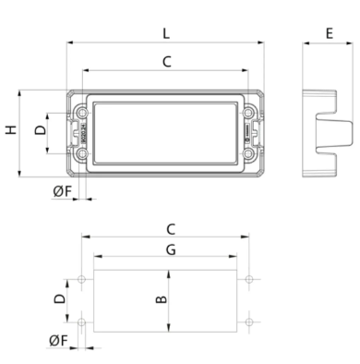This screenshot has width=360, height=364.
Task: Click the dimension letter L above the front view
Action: coord(166,33)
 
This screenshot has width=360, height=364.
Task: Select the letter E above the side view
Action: coord(330,33)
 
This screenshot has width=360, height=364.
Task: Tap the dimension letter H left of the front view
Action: coord(11,130)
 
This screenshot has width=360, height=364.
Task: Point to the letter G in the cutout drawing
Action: coord(171,249)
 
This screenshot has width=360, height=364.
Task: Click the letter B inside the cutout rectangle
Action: coord(162,299)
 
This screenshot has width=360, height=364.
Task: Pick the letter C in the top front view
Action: coord(166,62)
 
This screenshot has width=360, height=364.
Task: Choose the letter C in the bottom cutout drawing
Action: coord(171,229)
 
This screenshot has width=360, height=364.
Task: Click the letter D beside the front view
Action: coord(41,129)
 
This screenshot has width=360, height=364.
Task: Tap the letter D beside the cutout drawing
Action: coord(60,298)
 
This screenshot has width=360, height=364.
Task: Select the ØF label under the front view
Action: coord(62,191)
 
